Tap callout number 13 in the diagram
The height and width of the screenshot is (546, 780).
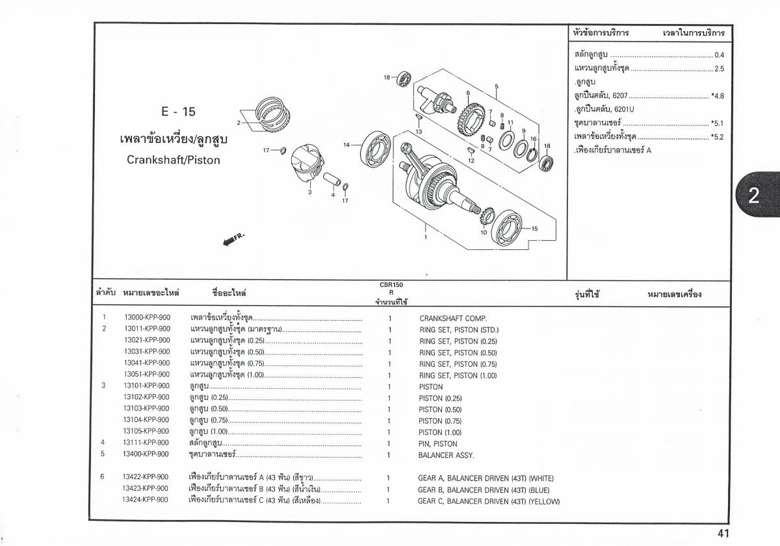(419, 132)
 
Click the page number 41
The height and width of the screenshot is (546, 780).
(723, 534)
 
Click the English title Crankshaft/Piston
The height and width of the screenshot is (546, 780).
(174, 160)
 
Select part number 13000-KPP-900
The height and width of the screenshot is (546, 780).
(147, 318)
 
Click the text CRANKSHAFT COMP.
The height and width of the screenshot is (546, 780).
(452, 319)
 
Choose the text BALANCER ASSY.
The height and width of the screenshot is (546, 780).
(446, 455)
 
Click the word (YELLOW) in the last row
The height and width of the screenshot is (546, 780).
(544, 501)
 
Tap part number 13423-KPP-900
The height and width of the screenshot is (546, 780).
(145, 489)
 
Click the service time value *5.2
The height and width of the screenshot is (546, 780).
(718, 137)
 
